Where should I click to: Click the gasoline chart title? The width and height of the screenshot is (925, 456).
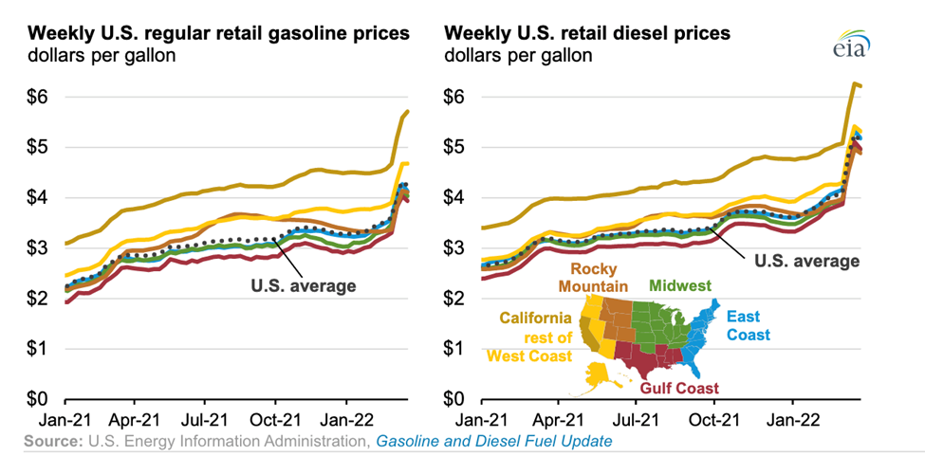(219, 33)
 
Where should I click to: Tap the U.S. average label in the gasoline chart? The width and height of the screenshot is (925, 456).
(304, 285)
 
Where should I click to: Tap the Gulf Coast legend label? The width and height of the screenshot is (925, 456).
(678, 388)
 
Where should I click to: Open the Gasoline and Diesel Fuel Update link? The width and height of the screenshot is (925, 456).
(493, 441)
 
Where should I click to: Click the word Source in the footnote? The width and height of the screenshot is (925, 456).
(53, 441)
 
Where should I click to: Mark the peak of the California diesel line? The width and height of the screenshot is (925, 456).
(854, 83)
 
